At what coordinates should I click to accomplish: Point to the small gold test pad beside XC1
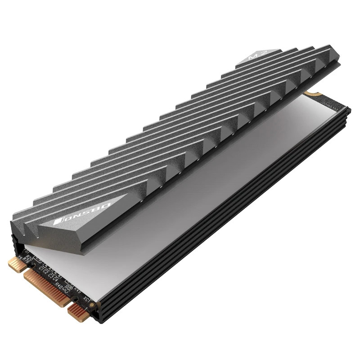coord(92,304)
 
